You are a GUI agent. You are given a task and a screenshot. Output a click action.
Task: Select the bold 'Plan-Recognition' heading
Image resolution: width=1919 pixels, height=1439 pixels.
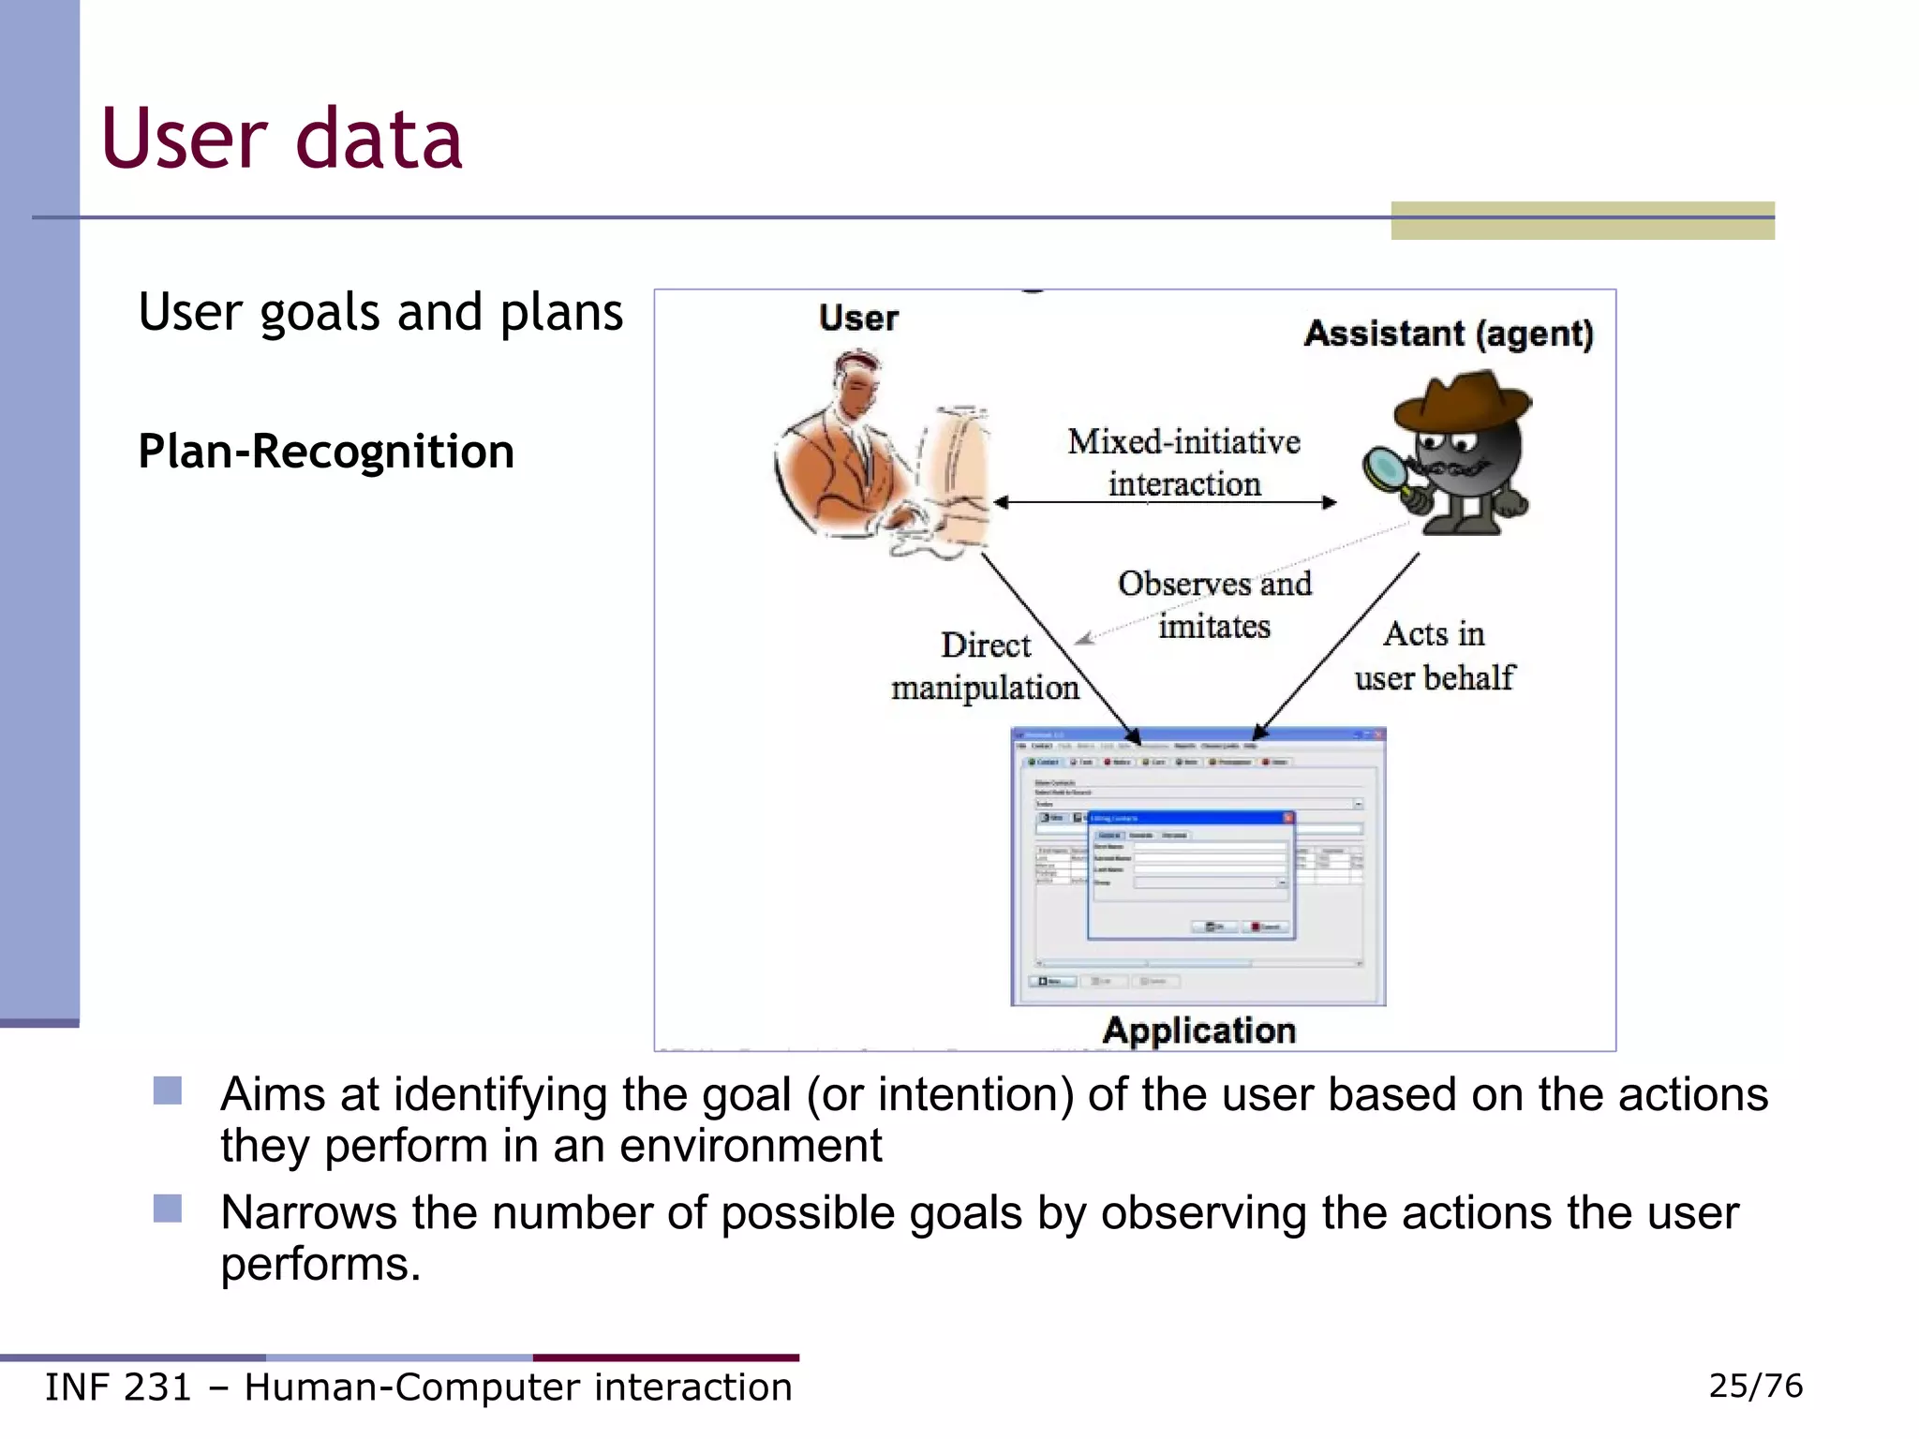click(x=326, y=452)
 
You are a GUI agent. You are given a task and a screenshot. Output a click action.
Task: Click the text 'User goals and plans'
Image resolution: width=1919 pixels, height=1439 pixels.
click(x=379, y=312)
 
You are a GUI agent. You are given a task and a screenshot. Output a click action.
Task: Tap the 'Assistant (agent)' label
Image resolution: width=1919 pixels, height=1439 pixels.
click(x=1449, y=334)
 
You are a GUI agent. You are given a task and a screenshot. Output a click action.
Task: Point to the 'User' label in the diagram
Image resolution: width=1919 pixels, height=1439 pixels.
click(x=858, y=319)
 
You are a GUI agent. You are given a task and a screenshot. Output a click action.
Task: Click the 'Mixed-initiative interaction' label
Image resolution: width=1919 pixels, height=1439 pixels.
click(x=1183, y=463)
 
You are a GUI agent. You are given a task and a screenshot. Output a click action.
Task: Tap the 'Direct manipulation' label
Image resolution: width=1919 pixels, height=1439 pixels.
click(x=985, y=666)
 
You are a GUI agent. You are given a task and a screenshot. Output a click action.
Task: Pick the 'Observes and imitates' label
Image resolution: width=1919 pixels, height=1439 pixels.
click(x=1214, y=604)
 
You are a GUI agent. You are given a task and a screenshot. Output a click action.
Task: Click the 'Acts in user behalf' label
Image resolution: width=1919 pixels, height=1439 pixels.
click(x=1434, y=656)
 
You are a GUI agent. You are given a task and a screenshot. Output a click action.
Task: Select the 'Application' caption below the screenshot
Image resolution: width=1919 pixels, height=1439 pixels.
click(x=1198, y=1031)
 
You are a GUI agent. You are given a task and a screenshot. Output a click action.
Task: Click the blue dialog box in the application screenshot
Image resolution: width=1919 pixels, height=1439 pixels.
click(x=1190, y=876)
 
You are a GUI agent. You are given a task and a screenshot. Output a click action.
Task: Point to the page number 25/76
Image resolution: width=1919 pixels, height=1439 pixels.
click(x=1755, y=1386)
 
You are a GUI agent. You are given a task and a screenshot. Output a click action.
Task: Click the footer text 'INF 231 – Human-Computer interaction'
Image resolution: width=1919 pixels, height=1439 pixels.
click(x=418, y=1387)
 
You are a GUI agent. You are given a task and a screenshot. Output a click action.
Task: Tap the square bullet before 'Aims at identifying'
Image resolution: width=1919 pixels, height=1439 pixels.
click(x=168, y=1090)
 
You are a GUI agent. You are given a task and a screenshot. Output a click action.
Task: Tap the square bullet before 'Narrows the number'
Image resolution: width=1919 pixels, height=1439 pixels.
click(x=168, y=1209)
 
